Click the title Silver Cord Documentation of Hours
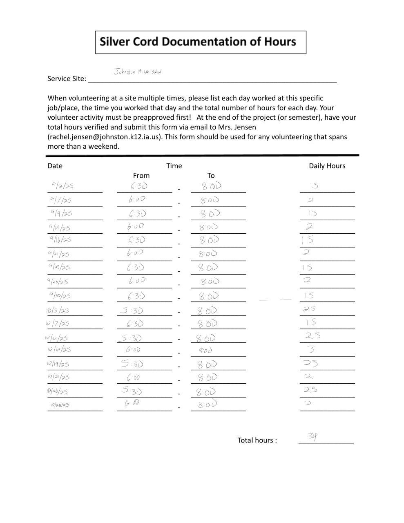click(198, 42)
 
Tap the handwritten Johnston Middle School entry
click(137, 72)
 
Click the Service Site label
click(67, 78)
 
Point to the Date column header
click(55, 165)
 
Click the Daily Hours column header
click(327, 165)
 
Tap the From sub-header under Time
click(141, 175)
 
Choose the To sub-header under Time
click(211, 175)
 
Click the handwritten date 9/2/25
click(62, 186)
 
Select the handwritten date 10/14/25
click(59, 350)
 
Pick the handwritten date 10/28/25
click(60, 405)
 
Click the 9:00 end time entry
click(205, 350)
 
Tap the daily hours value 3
click(312, 349)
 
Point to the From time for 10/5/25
click(132, 311)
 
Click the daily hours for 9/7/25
click(311, 200)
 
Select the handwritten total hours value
click(313, 436)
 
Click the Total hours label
click(257, 440)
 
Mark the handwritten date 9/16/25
click(60, 240)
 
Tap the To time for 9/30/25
click(209, 296)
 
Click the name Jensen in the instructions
click(245, 127)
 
